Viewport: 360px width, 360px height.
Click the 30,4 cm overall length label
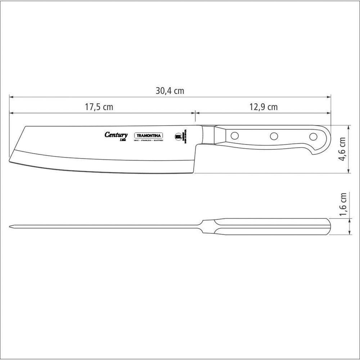[x=170, y=91]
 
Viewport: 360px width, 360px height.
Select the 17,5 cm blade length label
[x=99, y=107]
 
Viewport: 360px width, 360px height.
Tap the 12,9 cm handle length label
[x=263, y=107]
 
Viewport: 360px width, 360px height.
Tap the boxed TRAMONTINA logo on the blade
[x=149, y=135]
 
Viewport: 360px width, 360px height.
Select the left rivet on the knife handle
[x=235, y=136]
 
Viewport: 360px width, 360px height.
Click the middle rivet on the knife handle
[x=274, y=136]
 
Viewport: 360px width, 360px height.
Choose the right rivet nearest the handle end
[x=313, y=136]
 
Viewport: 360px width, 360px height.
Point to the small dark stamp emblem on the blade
[x=178, y=137]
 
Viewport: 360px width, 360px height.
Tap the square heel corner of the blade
[x=194, y=172]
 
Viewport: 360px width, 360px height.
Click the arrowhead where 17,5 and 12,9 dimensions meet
[x=195, y=113]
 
